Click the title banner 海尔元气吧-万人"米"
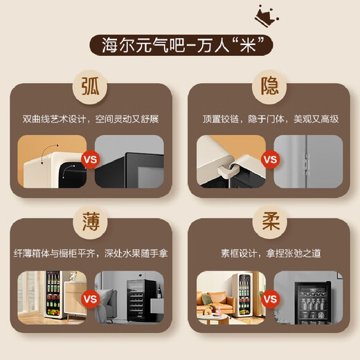coord(181,46)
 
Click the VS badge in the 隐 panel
coord(270,159)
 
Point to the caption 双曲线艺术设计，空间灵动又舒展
coord(91,119)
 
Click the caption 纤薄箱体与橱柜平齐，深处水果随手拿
coord(91,254)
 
